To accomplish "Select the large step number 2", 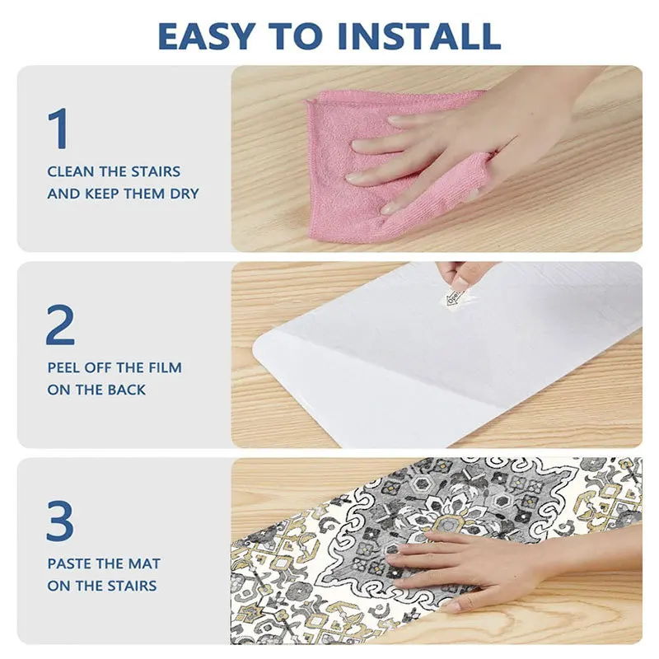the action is click(60, 325).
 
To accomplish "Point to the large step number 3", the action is click(60, 521).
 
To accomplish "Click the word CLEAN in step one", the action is click(71, 171).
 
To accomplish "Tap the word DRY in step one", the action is click(185, 194).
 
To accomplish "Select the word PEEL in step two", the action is click(64, 367).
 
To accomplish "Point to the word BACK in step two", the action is click(127, 390).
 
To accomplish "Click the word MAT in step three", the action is click(144, 563).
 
